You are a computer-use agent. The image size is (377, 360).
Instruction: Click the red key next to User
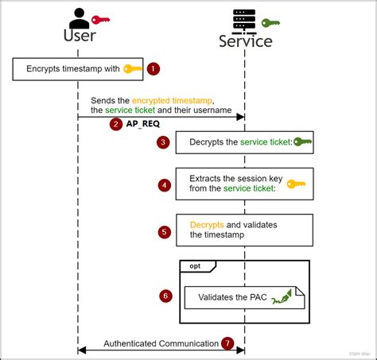(101, 19)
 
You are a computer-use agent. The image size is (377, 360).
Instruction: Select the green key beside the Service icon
(271, 22)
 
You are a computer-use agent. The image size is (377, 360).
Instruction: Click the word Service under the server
(245, 41)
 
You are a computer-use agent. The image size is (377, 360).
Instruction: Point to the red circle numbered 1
(154, 69)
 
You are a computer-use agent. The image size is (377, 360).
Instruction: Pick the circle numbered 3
(163, 143)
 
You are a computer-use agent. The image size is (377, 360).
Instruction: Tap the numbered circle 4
(165, 185)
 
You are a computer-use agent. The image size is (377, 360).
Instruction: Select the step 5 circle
(165, 232)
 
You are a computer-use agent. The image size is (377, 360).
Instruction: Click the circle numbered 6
(165, 296)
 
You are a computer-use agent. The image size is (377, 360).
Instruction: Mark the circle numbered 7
(228, 343)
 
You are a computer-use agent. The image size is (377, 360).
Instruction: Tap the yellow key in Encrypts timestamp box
(132, 69)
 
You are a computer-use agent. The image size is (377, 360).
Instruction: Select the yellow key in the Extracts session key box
(296, 184)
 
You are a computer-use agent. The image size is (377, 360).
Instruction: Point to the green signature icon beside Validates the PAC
(282, 299)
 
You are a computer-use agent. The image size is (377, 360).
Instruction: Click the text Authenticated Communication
(161, 343)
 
